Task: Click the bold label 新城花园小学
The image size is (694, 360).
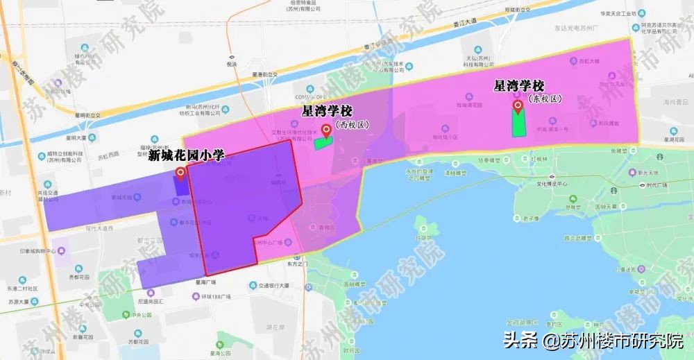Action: [186, 155]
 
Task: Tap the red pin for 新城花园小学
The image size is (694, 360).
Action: [180, 173]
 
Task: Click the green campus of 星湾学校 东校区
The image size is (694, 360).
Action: [518, 123]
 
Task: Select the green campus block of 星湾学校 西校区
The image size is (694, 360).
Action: [323, 143]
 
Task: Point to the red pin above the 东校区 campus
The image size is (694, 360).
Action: [517, 107]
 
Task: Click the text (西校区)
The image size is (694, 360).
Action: [353, 126]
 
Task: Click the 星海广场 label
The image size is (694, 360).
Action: [205, 282]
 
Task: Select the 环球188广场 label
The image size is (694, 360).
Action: [217, 297]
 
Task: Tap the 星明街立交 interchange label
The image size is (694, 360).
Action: [89, 114]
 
